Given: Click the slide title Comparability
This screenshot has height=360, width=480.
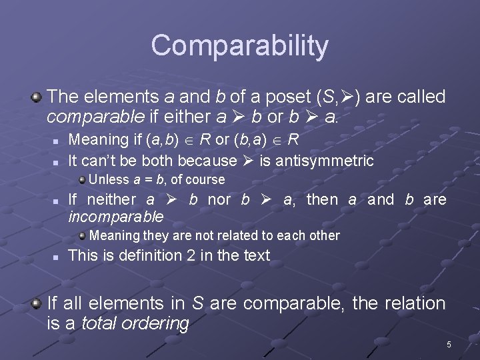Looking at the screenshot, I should (x=239, y=46).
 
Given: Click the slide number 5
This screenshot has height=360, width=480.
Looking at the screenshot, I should (x=449, y=345).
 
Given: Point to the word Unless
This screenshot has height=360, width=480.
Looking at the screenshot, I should (x=109, y=180).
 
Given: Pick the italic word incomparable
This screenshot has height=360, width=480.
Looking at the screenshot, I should (x=115, y=217).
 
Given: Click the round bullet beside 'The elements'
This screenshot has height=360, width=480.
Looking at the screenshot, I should (x=37, y=97).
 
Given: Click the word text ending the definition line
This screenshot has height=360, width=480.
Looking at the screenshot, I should (x=257, y=255).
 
